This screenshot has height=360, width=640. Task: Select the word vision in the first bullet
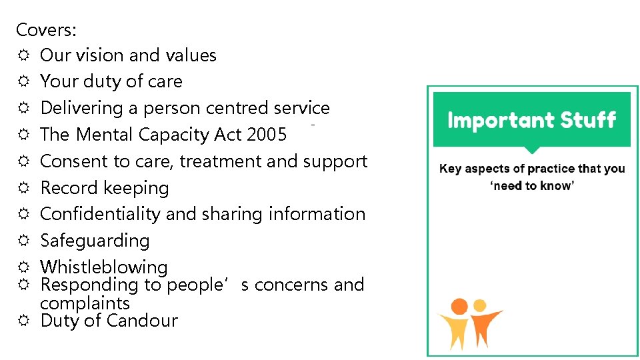coord(109,55)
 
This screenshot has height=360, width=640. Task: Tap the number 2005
coord(267,135)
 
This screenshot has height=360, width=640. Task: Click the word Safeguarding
coord(95,241)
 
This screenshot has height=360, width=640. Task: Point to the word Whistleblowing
coord(104,267)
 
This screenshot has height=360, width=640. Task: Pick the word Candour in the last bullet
coord(146,321)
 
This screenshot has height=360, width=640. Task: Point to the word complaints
coord(85,303)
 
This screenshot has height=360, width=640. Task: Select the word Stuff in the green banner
coord(587,121)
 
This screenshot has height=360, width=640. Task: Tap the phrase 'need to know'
coord(532,186)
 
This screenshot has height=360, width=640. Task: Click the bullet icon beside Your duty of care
coord(23,81)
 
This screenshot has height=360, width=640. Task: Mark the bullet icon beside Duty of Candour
coord(23,321)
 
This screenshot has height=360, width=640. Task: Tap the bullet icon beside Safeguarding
coord(23,241)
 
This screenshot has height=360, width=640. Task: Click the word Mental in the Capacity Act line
coord(103,135)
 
